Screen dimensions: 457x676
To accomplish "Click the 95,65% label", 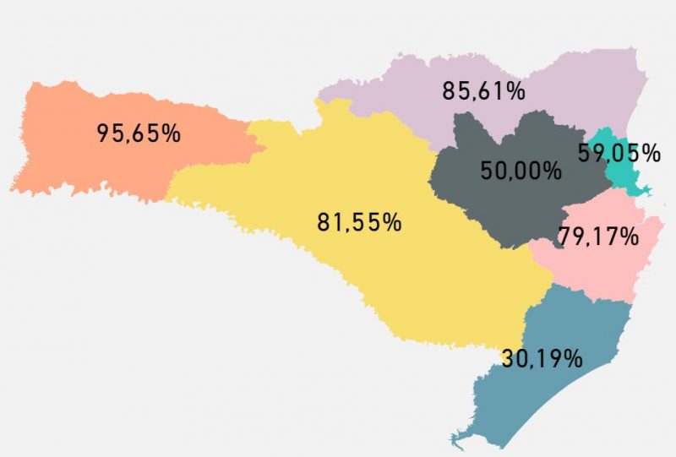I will [x=139, y=133].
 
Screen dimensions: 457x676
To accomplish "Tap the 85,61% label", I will [x=484, y=90].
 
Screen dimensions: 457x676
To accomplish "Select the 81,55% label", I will [x=359, y=223].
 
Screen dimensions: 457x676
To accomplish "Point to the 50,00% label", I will [x=521, y=171].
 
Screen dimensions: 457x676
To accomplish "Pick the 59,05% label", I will [x=619, y=153].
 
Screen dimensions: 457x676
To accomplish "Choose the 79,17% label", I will [x=598, y=237].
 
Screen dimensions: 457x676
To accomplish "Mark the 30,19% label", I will [x=542, y=358].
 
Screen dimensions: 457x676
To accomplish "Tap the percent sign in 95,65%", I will [x=171, y=133].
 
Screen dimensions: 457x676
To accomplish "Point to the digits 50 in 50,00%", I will [x=491, y=171].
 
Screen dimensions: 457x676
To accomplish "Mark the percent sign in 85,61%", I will [x=515, y=90].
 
